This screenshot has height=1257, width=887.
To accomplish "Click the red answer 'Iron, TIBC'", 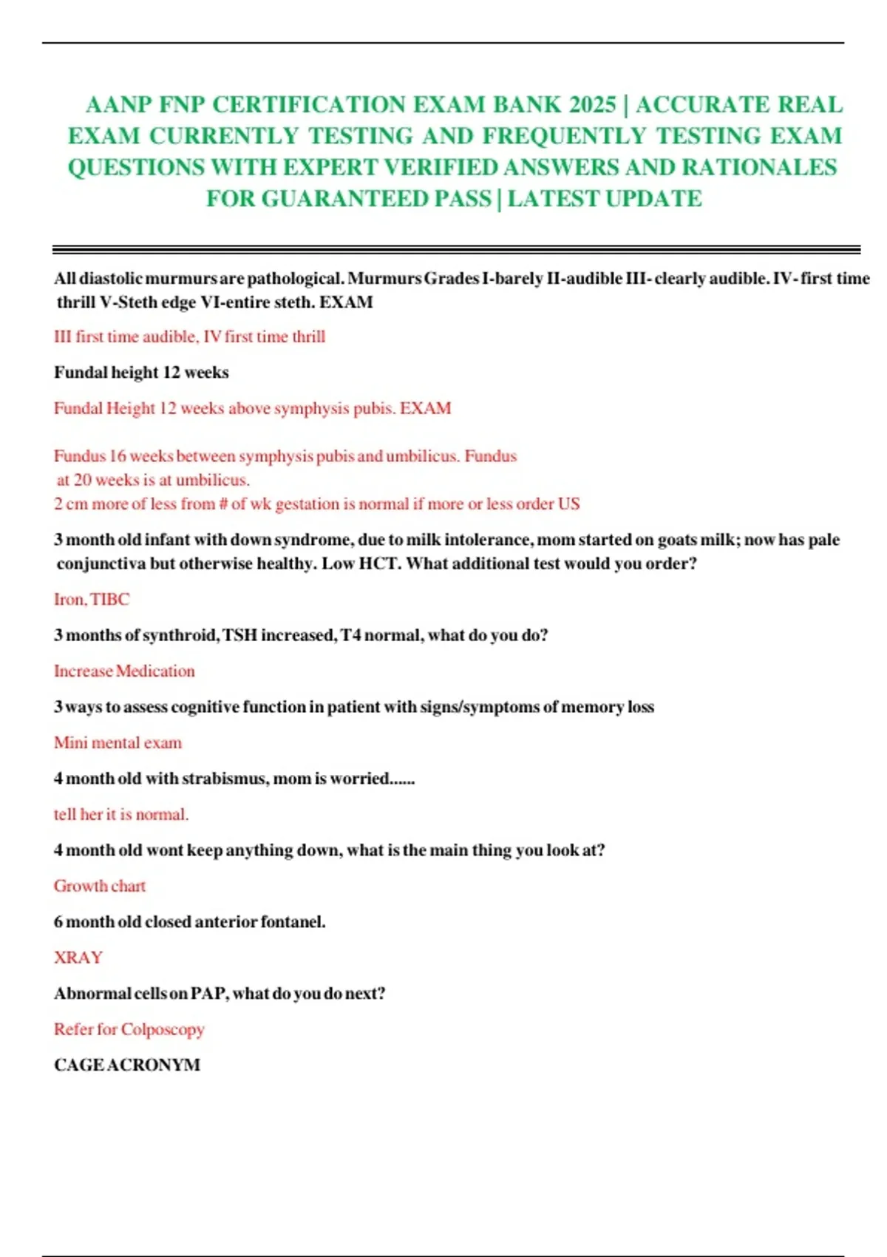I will click(92, 599).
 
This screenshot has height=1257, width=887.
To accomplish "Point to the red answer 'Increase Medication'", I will click(124, 671).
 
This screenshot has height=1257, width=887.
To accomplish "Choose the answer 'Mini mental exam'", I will click(118, 742).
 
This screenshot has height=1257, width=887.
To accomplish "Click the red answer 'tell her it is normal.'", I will click(121, 814).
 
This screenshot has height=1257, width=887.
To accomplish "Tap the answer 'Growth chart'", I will click(100, 886).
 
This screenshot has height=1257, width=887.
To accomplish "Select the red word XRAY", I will click(78, 958).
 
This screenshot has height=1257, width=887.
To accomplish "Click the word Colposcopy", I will click(163, 1029).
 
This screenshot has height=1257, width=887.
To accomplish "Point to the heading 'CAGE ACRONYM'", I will click(127, 1065).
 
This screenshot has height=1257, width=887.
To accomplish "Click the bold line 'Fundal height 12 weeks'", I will click(141, 372).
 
